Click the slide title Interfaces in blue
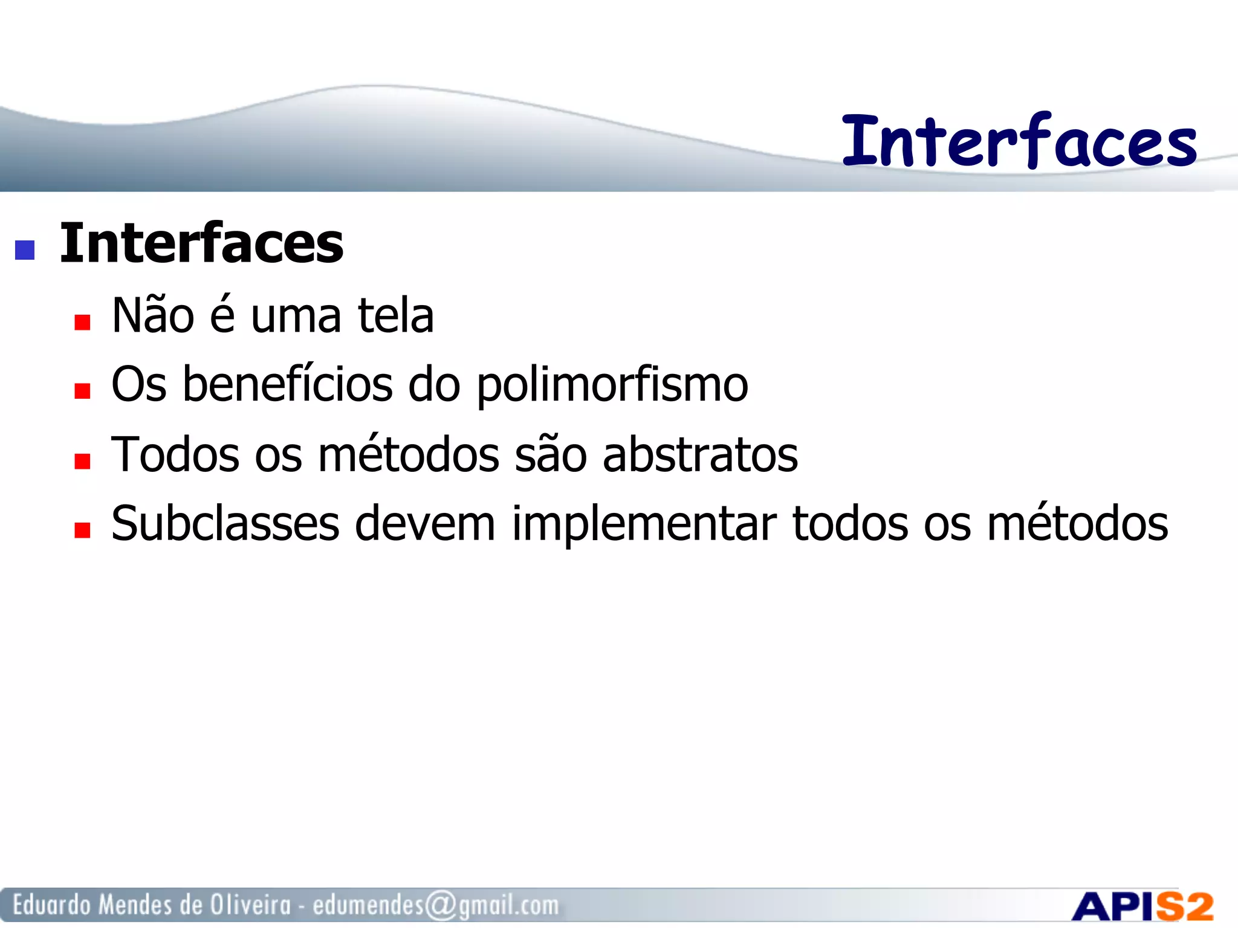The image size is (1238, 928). (1019, 141)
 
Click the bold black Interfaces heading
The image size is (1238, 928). (201, 243)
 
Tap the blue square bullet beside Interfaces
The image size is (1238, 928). (25, 250)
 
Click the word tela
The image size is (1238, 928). (396, 316)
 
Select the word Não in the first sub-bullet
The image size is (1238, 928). (153, 316)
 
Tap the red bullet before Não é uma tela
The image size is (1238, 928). (82, 322)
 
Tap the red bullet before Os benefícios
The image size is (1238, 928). (82, 391)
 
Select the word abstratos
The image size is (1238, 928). (700, 454)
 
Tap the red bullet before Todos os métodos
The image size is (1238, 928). (82, 462)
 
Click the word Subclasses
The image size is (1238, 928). (225, 524)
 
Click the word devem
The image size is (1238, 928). (424, 524)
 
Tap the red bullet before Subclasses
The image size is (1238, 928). (82, 530)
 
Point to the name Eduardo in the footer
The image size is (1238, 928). (52, 905)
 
